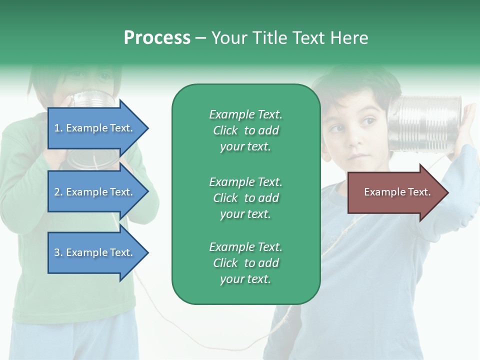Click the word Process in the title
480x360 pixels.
click(157, 38)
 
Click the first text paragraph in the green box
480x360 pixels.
click(245, 130)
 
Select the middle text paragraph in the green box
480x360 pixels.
click(245, 197)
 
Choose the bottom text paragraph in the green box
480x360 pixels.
click(245, 263)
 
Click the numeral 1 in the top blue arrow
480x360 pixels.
click(56, 128)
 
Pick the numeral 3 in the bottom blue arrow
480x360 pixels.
click(57, 252)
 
